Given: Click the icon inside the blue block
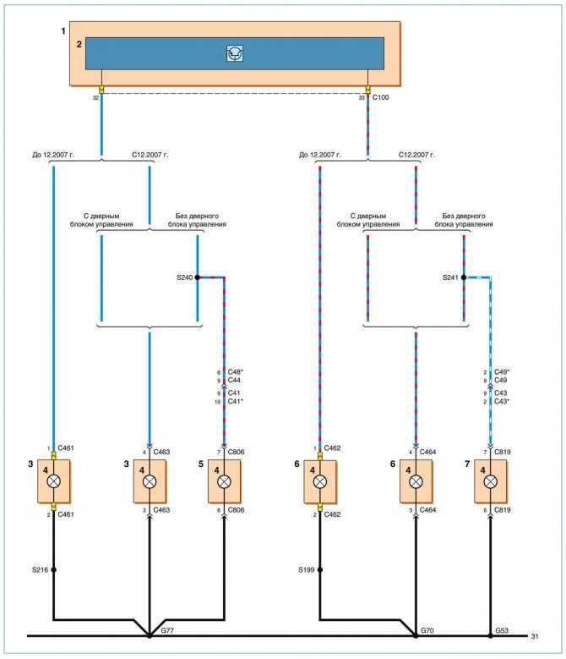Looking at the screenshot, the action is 235,53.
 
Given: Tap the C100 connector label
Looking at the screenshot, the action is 380,97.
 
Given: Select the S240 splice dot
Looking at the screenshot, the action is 197,277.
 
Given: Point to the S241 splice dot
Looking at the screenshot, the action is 464,277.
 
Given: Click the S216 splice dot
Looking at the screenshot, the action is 53,570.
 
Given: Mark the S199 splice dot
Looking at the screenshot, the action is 319,570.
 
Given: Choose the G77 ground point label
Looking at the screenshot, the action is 167,630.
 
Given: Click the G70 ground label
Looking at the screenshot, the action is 427,630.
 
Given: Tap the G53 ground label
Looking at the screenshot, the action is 502,630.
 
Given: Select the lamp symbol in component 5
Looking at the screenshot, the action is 224,481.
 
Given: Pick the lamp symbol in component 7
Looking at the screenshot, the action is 490,481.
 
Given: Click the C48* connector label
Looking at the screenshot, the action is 236,372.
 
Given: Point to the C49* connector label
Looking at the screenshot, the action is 502,372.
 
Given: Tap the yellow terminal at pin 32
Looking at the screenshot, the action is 101,90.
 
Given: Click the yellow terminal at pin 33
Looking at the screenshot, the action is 368,90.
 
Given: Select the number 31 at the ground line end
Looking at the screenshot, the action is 535,637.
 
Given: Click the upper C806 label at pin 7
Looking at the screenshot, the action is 236,453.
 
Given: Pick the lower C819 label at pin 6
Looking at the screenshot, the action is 503,510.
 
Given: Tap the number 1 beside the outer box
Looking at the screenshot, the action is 63,31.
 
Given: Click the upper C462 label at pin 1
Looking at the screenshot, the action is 332,448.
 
